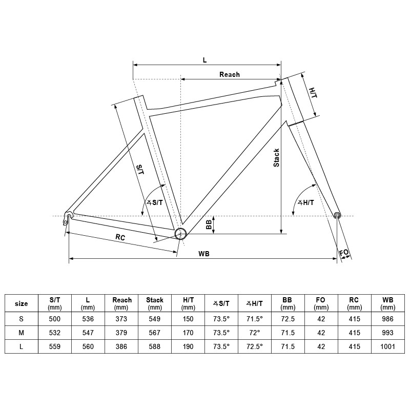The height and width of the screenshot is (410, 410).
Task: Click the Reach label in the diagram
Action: (x=229, y=74)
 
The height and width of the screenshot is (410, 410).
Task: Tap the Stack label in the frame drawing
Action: (x=276, y=158)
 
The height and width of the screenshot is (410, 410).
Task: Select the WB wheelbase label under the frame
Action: (x=204, y=254)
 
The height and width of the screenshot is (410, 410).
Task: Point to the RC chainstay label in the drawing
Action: (x=120, y=238)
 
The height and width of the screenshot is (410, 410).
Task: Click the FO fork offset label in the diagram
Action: (x=344, y=253)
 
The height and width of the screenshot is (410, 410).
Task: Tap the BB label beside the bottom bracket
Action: (x=209, y=225)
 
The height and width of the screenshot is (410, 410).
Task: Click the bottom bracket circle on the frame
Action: (x=180, y=234)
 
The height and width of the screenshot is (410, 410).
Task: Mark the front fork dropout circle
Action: (x=337, y=215)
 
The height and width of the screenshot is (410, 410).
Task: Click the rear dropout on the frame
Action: (x=67, y=217)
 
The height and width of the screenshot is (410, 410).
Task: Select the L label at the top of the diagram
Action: (x=204, y=60)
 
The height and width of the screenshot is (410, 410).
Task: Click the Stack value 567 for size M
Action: (x=155, y=333)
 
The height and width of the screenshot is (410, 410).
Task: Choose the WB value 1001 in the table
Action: (x=388, y=346)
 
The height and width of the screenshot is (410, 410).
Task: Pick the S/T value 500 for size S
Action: (x=54, y=319)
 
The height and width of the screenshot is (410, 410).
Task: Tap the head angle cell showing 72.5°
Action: (x=255, y=346)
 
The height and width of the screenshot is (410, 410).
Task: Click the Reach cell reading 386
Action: (x=121, y=346)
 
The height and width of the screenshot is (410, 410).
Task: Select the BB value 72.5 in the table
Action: (x=288, y=319)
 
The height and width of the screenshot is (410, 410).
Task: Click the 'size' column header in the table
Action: (x=22, y=303)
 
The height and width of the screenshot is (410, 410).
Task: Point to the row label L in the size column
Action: (x=22, y=346)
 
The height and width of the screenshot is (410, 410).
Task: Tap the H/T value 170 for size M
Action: (x=188, y=333)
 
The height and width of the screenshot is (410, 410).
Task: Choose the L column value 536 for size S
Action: (x=88, y=319)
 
